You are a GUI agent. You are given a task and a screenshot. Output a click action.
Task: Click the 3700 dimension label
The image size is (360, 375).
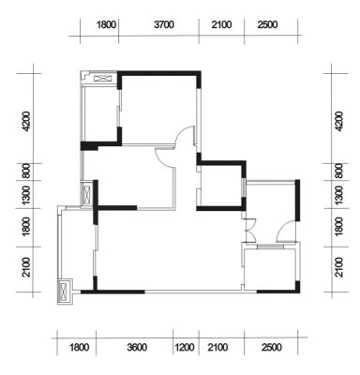[164, 24]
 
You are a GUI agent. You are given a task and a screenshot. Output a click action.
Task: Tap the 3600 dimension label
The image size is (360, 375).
[137, 347]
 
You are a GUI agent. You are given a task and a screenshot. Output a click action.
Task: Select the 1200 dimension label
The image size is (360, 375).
[185, 347]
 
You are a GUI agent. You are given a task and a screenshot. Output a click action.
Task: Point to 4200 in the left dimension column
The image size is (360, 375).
[26, 121]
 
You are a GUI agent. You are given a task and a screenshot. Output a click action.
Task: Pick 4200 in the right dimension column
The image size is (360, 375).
[338, 121]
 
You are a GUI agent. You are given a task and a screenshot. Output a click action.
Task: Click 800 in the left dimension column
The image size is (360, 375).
[26, 172]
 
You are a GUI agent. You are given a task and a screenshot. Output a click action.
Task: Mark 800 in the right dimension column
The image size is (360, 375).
[338, 172]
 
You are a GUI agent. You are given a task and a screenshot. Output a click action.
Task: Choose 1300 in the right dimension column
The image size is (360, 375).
[338, 195]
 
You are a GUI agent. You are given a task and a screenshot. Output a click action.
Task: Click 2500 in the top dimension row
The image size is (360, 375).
[268, 24]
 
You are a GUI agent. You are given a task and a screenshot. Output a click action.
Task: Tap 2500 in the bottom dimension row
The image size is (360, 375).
[272, 347]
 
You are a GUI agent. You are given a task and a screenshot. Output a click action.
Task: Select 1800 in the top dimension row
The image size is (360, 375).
[106, 24]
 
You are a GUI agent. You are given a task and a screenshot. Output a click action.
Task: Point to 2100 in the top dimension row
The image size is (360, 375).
[221, 24]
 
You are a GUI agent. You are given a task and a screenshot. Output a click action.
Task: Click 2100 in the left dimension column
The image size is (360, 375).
[26, 267]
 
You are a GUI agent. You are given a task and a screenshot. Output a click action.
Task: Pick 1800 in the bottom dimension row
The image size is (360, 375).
[79, 347]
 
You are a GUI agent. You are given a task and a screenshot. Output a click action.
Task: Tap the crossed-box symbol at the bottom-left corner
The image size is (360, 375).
[64, 291]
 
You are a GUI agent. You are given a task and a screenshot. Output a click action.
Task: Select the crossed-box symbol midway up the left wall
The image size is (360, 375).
[86, 194]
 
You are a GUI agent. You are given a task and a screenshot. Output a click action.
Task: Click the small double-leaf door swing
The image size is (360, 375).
[250, 230]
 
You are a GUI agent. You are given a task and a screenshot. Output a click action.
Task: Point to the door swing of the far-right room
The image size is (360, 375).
[285, 231]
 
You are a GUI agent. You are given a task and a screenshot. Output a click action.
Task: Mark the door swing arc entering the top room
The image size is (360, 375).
[184, 135]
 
